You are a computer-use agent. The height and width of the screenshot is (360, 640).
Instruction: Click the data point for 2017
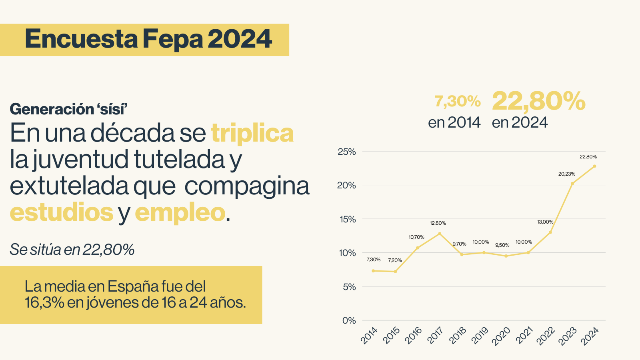pyautogui.click(x=440, y=234)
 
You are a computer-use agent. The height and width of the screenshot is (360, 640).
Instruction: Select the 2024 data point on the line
pyautogui.click(x=594, y=166)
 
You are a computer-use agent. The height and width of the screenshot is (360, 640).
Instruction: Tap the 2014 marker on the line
pyautogui.click(x=373, y=271)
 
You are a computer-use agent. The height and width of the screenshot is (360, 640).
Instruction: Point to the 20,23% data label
pyautogui.click(x=567, y=174)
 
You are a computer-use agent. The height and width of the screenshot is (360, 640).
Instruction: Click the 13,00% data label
pyautogui.click(x=545, y=222)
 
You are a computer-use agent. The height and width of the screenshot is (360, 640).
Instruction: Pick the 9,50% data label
pyautogui.click(x=502, y=245)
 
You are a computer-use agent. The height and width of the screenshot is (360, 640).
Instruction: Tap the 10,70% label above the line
pyautogui.click(x=416, y=237)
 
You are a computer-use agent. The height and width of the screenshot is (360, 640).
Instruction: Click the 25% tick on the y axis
pyautogui.click(x=347, y=152)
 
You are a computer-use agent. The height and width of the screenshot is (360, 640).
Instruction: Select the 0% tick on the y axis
pyautogui.click(x=349, y=320)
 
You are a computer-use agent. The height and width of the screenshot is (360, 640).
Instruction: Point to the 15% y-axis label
pyautogui.click(x=347, y=219)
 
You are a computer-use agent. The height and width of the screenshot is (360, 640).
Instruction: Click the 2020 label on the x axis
pyautogui.click(x=501, y=336)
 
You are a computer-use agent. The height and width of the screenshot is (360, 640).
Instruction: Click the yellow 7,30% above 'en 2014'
pyautogui.click(x=458, y=102)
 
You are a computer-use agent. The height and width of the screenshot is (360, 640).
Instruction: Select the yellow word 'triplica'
pyautogui.click(x=252, y=133)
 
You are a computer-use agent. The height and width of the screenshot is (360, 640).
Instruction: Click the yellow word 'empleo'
pyautogui.click(x=180, y=212)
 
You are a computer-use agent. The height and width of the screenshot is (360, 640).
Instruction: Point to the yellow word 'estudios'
pyautogui.click(x=62, y=212)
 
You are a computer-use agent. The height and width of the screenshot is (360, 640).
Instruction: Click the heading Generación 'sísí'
pyautogui.click(x=68, y=109)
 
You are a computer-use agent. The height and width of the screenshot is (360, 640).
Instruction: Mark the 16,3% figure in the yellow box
pyautogui.click(x=44, y=303)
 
